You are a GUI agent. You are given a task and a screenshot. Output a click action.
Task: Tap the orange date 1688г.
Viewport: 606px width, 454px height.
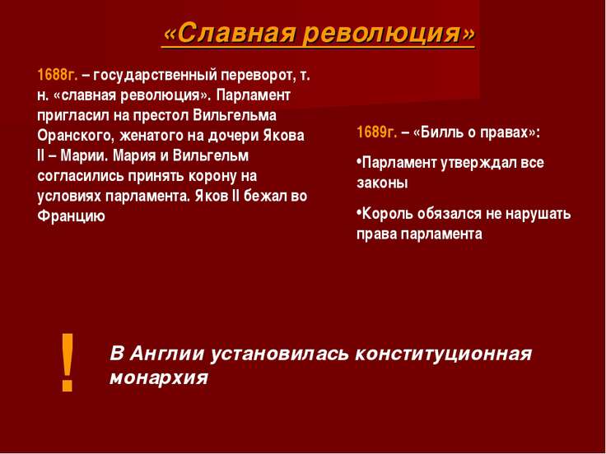58,75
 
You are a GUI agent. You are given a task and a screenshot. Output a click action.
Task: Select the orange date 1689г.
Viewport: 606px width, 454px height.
377,132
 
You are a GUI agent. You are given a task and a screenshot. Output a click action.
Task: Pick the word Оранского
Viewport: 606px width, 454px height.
76,136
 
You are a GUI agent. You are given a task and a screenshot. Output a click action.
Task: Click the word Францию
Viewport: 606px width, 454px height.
71,216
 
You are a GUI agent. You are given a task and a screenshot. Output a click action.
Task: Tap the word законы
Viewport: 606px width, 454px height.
382,183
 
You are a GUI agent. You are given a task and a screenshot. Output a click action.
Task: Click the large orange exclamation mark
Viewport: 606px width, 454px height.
68,362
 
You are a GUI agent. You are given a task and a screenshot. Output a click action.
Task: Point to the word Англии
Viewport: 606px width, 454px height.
166,354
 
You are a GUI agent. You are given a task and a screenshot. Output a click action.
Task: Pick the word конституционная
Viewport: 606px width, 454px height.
443,354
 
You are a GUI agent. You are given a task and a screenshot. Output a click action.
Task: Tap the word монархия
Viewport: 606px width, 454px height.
159,378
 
